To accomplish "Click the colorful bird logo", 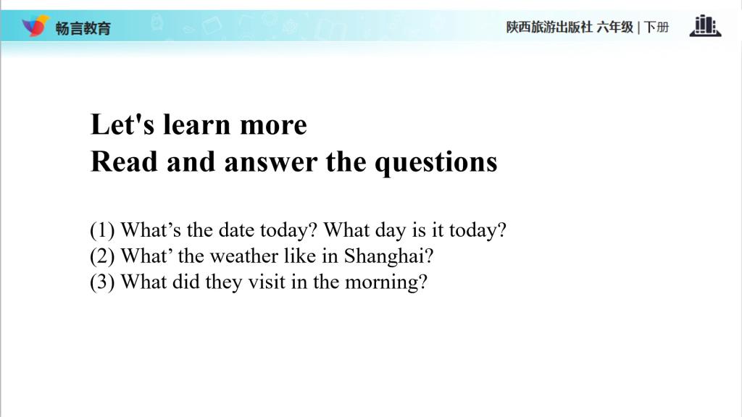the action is click(36, 25).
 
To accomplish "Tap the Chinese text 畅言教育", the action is click(83, 28).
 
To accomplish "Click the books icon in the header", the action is click(705, 25).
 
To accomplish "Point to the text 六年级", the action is click(614, 27).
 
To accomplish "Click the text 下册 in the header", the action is click(656, 27).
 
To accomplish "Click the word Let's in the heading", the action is click(122, 125).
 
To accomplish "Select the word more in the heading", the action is click(273, 127).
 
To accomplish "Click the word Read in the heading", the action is click(124, 161).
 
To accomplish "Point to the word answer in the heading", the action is click(271, 164).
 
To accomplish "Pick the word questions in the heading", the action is click(435, 164).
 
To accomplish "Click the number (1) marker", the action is click(102, 231).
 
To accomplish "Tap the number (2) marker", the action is click(102, 257).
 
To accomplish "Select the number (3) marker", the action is click(102, 283).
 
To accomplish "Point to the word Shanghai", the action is click(388, 257).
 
